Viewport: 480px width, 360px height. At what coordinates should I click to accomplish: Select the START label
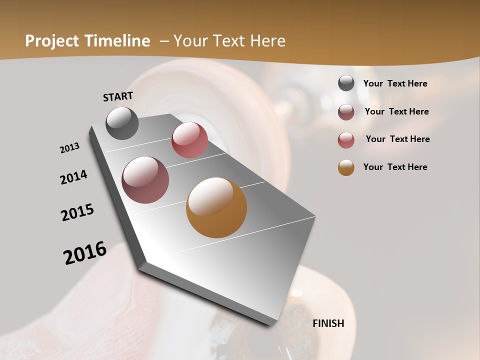click(118, 96)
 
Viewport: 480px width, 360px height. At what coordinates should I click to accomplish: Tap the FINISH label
click(328, 323)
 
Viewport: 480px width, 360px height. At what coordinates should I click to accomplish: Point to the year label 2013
click(69, 148)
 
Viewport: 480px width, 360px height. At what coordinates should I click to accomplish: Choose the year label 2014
click(73, 177)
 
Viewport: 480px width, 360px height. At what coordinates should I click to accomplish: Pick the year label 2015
click(77, 212)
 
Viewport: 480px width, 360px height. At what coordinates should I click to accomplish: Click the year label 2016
click(85, 252)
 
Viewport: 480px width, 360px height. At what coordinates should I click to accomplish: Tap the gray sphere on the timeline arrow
click(122, 123)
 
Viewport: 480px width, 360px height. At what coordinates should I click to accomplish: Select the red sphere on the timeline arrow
click(189, 140)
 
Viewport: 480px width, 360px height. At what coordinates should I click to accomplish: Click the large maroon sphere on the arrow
click(145, 180)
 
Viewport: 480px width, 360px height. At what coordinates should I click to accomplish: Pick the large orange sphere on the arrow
click(216, 207)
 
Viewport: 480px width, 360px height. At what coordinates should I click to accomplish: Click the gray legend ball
click(346, 83)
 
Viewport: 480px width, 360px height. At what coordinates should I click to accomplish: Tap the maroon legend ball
click(346, 111)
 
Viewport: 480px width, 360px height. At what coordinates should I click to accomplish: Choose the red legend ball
click(346, 139)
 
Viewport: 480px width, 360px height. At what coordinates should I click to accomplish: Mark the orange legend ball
click(346, 167)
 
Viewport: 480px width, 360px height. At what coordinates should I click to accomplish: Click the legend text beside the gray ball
click(395, 83)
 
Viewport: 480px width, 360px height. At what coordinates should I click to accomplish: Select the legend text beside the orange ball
click(395, 167)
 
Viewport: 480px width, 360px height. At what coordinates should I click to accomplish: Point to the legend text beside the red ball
click(397, 139)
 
